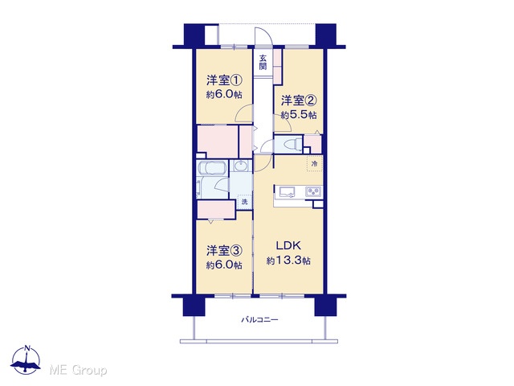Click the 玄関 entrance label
pyautogui.click(x=263, y=63)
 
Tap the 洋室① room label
pyautogui.click(x=225, y=80)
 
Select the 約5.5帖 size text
pyautogui.click(x=299, y=115)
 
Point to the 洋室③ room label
pyautogui.click(x=225, y=251)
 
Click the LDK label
pyautogui.click(x=288, y=245)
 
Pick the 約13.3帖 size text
pyautogui.click(x=288, y=261)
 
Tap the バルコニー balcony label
pyautogui.click(x=259, y=319)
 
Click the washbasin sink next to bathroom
pyautogui.click(x=242, y=166)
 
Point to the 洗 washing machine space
pyautogui.click(x=244, y=202)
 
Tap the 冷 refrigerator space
pyautogui.click(x=314, y=163)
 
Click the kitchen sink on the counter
pyautogui.click(x=288, y=191)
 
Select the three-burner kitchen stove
pyautogui.click(x=314, y=191)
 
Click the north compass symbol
pyautogui.click(x=26, y=359)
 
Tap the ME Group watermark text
pyautogui.click(x=78, y=371)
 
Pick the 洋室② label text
pyautogui.click(x=299, y=101)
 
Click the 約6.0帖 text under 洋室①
pyautogui.click(x=225, y=95)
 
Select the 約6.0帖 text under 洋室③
pyautogui.click(x=225, y=265)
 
